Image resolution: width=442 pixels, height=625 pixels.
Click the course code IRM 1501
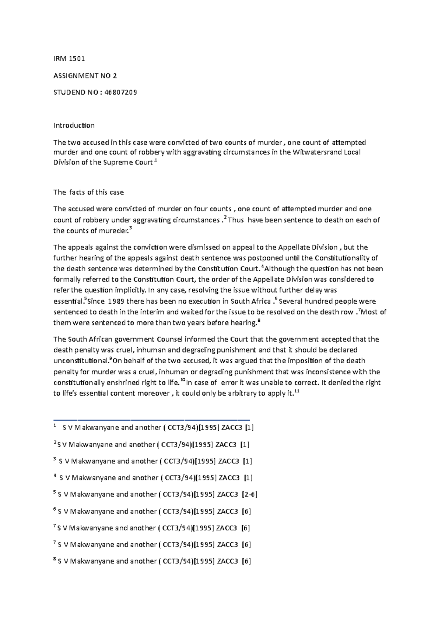pyautogui.click(x=69, y=59)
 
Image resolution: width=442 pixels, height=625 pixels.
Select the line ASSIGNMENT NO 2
pyautogui.click(x=85, y=76)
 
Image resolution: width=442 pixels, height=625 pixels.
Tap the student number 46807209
pyautogui.click(x=120, y=93)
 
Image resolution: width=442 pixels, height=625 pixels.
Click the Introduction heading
pyautogui.click(x=74, y=126)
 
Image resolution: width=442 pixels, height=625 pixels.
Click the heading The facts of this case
pyautogui.click(x=88, y=192)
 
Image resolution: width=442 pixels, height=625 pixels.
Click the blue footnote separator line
pyautogui.click(x=151, y=420)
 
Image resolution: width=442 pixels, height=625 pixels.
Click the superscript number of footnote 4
pyautogui.click(x=55, y=476)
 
